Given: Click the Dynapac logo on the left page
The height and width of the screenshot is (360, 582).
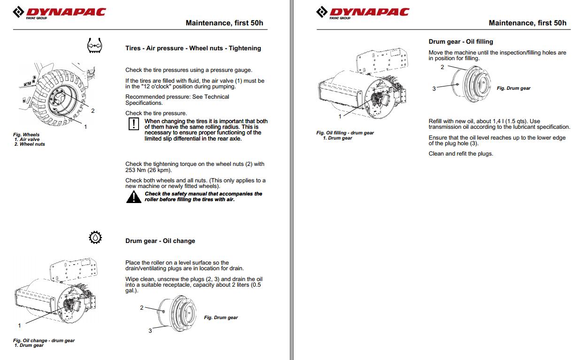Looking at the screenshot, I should point(59,12).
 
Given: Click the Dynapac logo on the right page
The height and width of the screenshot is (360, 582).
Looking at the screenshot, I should point(363,12).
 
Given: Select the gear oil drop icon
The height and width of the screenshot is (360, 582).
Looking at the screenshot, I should point(95,238).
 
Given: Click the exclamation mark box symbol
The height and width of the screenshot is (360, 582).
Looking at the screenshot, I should point(134,124).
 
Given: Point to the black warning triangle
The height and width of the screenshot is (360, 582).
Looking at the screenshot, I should point(133,197).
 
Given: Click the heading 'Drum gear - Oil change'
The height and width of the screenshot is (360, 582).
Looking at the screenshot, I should point(160,241).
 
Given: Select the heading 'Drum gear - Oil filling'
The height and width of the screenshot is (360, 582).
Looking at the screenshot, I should point(460,41).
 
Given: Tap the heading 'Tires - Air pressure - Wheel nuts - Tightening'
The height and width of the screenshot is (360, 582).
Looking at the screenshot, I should point(193,48).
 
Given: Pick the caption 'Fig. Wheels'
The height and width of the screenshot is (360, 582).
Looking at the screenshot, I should point(26,135).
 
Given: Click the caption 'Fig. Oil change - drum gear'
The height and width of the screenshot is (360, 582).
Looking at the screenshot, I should point(44,341).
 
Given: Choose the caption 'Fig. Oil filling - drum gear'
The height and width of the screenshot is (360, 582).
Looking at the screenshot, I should point(345,133).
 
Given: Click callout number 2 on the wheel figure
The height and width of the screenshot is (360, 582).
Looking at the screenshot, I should point(93,111).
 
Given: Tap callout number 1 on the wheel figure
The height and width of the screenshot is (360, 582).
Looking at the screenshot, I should point(85,126).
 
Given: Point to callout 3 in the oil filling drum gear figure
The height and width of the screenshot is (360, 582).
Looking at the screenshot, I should point(434,88).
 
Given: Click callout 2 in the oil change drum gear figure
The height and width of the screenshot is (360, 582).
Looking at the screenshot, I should point(141,308).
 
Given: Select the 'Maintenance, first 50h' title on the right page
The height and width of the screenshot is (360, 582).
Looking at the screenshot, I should point(527,23).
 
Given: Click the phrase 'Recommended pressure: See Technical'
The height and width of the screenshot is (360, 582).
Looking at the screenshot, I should point(177,97).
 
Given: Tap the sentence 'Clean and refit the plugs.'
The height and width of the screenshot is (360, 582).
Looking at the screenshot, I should point(460,154).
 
